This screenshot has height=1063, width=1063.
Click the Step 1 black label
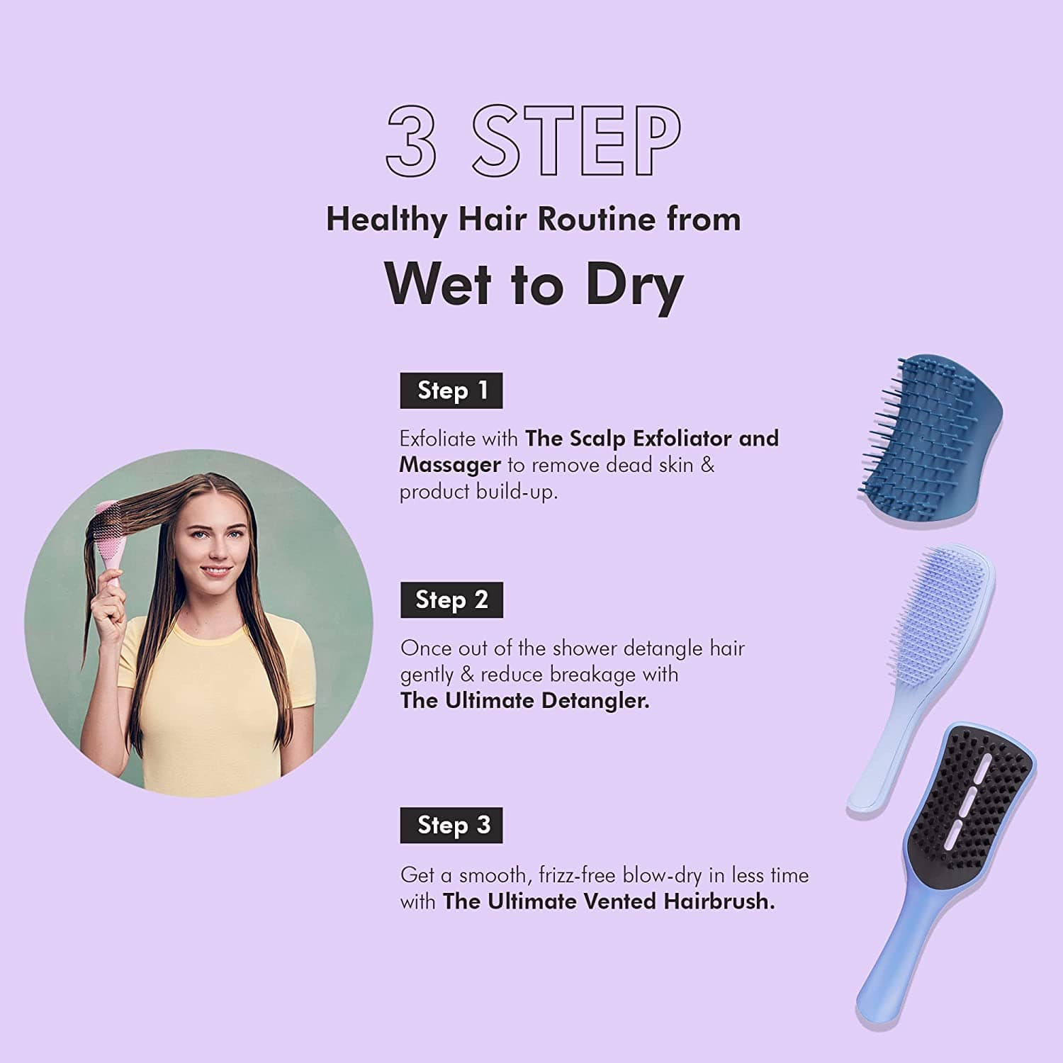(451, 390)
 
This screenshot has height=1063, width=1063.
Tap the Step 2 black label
(451, 600)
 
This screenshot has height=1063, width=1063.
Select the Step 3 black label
(451, 825)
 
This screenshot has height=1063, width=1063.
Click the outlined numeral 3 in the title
(412, 140)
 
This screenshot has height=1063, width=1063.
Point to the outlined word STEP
(575, 140)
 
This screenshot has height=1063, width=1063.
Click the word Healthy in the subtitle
(386, 219)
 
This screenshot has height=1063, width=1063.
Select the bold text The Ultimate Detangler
(524, 701)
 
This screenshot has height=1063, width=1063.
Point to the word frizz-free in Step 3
(577, 875)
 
